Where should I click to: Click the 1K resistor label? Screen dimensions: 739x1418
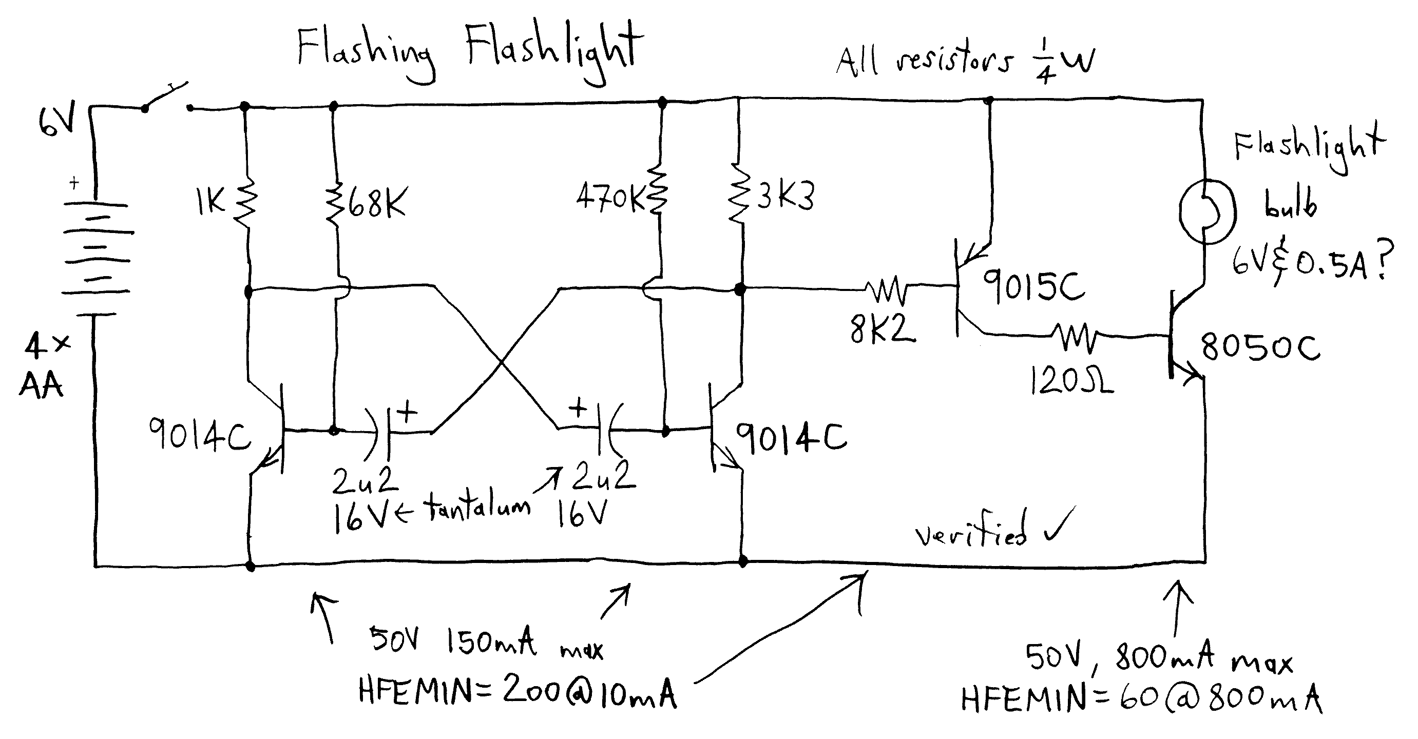coord(210,202)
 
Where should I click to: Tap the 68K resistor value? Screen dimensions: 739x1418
coord(376,203)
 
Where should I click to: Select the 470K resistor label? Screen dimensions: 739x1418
coord(610,197)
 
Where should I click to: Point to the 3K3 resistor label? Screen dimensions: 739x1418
coord(785,196)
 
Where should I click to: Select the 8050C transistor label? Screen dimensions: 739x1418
coord(1260,347)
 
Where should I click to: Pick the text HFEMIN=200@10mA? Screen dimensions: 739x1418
coord(517,692)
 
